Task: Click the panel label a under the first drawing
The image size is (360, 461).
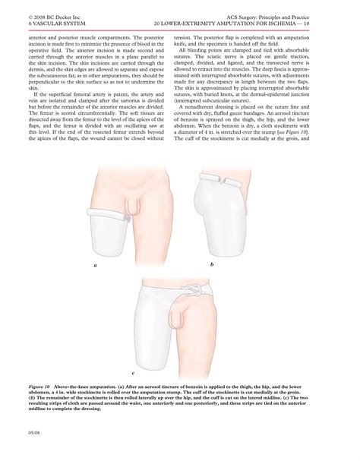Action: pos(96,267)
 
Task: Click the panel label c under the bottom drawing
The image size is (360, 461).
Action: pos(133,374)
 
